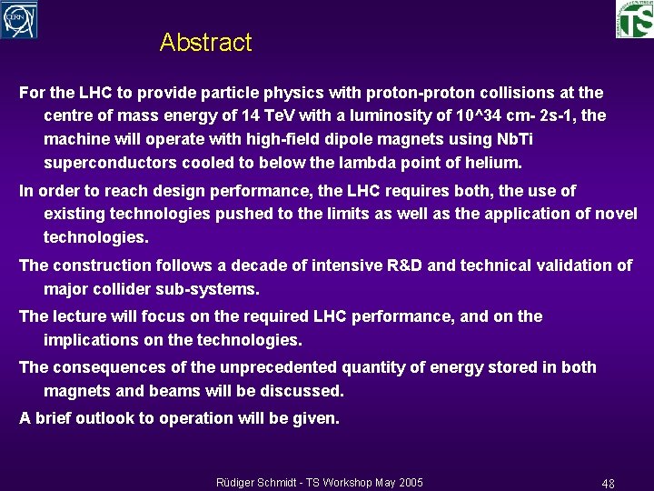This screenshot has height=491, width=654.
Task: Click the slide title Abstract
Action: [x=205, y=43]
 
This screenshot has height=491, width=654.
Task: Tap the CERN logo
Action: [x=19, y=19]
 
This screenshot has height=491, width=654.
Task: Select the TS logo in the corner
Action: [x=634, y=19]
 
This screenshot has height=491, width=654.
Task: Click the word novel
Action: [x=615, y=215]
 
